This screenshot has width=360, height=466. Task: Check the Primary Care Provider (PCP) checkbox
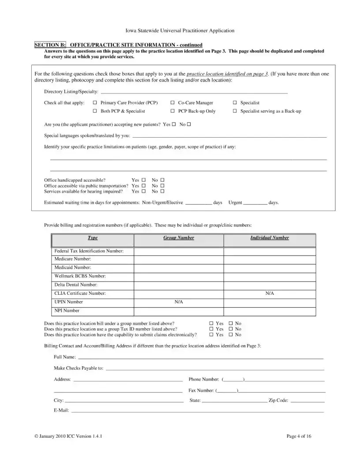95,103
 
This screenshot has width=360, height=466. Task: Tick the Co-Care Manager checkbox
172,103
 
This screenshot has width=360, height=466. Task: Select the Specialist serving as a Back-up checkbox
235,111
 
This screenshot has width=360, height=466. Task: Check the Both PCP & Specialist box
95,111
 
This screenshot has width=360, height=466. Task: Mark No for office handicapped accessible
162,180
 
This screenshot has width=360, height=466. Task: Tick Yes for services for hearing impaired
143,192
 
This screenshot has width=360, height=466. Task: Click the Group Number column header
179,238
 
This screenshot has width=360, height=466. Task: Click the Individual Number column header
270,238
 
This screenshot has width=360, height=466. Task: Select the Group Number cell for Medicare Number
179,259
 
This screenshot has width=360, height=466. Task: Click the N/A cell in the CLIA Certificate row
270,293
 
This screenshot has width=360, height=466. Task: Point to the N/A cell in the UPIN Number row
179,302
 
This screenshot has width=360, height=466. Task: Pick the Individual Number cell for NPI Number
270,311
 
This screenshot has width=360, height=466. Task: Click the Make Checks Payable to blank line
215,368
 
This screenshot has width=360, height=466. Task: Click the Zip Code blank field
307,401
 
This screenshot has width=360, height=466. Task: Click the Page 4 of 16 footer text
299,436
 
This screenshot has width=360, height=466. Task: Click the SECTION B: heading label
50,45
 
